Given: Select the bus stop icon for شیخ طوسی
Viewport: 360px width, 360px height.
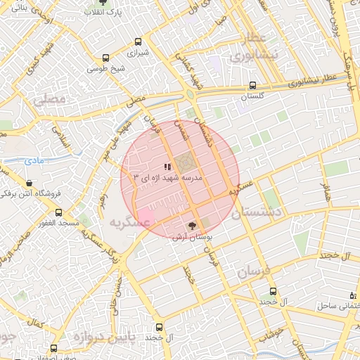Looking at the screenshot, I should [106, 58].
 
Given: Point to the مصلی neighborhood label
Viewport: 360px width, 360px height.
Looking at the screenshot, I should [49, 99].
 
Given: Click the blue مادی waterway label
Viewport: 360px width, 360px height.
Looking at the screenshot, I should [33, 161].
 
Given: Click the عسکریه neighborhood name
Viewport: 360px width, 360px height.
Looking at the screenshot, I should [130, 222].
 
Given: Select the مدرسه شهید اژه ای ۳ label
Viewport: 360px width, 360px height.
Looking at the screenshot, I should [172, 179].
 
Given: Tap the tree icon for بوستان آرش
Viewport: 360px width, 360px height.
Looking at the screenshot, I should [193, 226].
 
